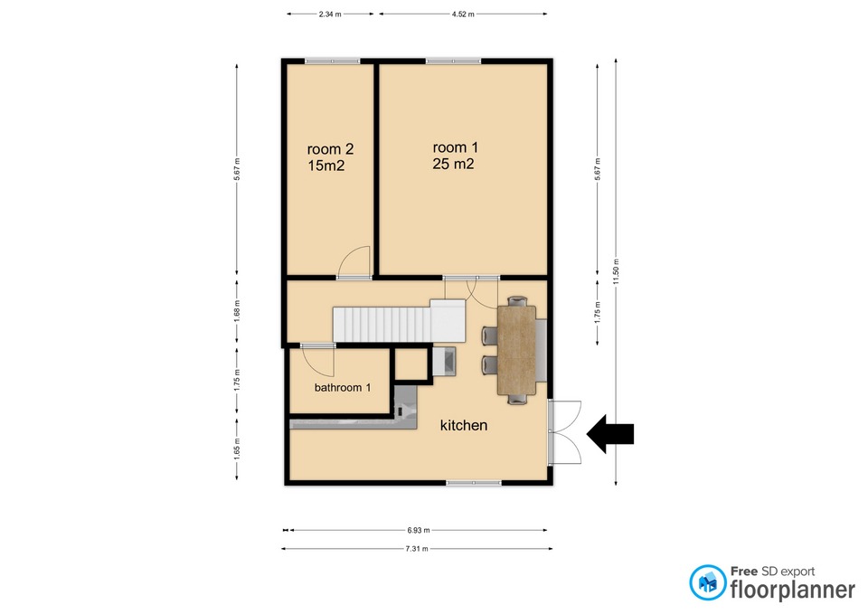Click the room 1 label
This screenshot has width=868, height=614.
click(x=455, y=147)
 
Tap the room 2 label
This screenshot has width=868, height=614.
click(x=330, y=149)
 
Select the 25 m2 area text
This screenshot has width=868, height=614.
click(x=453, y=164)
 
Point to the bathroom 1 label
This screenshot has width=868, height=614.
click(x=343, y=388)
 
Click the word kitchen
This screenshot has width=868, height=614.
click(x=463, y=425)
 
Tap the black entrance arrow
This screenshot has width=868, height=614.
click(x=610, y=433)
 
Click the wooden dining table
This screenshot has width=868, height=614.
click(x=516, y=350)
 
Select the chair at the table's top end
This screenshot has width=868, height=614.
click(x=517, y=300)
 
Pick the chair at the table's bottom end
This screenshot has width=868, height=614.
click(x=517, y=399)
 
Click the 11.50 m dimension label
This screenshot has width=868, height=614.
click(x=616, y=271)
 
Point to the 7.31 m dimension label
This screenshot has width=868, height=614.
click(x=417, y=549)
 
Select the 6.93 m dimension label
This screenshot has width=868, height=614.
click(x=419, y=530)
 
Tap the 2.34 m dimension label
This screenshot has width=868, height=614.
click(x=330, y=14)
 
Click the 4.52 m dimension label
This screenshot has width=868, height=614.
click(x=463, y=14)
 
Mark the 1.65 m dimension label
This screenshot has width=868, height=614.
click(x=237, y=449)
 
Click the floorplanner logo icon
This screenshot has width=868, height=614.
click(x=707, y=582)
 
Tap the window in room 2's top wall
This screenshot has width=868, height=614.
click(x=332, y=61)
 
